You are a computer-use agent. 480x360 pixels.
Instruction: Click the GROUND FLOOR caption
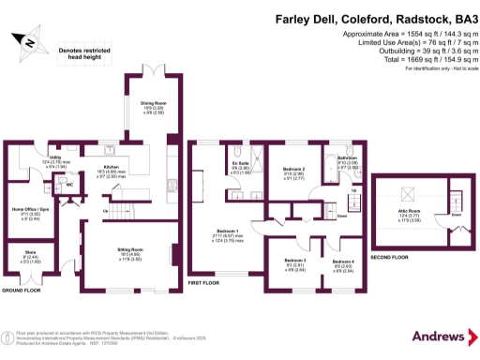click(21, 292)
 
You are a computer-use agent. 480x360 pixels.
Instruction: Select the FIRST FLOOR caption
click(203, 281)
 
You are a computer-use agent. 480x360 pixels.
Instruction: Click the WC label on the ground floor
click(69, 184)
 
